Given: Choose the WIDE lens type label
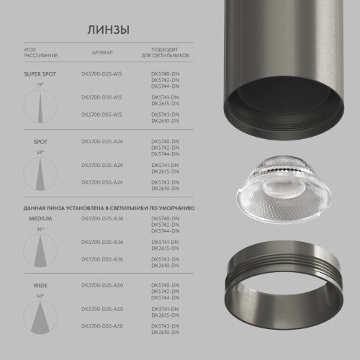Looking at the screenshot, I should (x=40, y=286).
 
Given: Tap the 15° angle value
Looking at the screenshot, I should (x=40, y=84).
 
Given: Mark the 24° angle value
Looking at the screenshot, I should (x=40, y=153).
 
